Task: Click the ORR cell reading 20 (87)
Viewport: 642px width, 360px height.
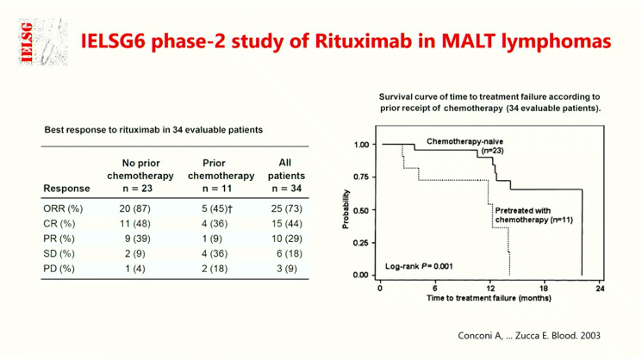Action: tap(134, 209)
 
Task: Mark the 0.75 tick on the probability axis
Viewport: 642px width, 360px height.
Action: tap(362, 177)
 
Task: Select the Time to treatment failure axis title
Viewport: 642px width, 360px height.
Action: tap(489, 298)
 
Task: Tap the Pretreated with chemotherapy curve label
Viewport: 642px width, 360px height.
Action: tap(528, 214)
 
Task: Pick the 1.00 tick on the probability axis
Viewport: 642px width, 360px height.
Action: tap(362, 145)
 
